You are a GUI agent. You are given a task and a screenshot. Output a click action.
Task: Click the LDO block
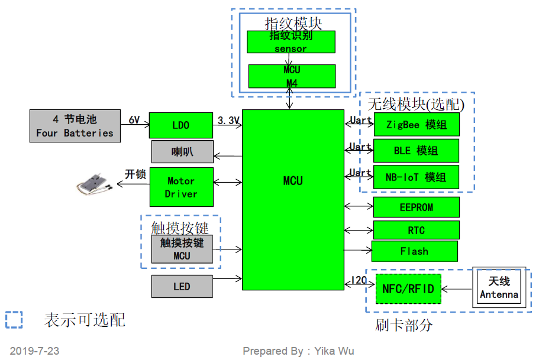click(x=181, y=125)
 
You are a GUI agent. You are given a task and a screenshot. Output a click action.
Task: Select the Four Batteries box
click(x=75, y=126)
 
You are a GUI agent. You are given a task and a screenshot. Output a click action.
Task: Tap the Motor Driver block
click(x=182, y=187)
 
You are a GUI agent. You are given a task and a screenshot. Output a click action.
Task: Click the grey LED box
click(x=182, y=286)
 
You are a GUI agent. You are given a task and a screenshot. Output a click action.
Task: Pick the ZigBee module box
click(x=417, y=125)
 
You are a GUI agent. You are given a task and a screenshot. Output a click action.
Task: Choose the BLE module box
click(x=416, y=151)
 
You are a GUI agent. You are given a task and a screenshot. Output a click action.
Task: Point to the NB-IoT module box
click(x=416, y=177)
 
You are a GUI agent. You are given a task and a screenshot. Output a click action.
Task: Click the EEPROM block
click(x=417, y=207)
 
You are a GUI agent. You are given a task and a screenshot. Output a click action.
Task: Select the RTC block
click(x=417, y=230)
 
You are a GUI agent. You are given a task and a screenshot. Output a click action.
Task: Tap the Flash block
click(x=415, y=251)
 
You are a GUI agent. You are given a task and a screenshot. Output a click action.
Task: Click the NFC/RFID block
click(x=408, y=289)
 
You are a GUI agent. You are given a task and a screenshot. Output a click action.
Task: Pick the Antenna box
click(x=499, y=287)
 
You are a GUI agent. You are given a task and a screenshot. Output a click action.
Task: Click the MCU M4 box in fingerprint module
click(x=292, y=76)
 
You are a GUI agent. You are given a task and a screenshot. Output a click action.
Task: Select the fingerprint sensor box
click(x=291, y=42)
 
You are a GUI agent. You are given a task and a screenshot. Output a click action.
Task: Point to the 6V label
click(x=134, y=120)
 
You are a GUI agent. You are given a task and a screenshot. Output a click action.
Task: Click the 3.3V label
click(x=228, y=121)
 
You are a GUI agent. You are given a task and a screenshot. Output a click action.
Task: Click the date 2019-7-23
click(x=34, y=351)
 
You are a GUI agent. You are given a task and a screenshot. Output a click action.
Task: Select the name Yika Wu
click(x=334, y=351)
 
